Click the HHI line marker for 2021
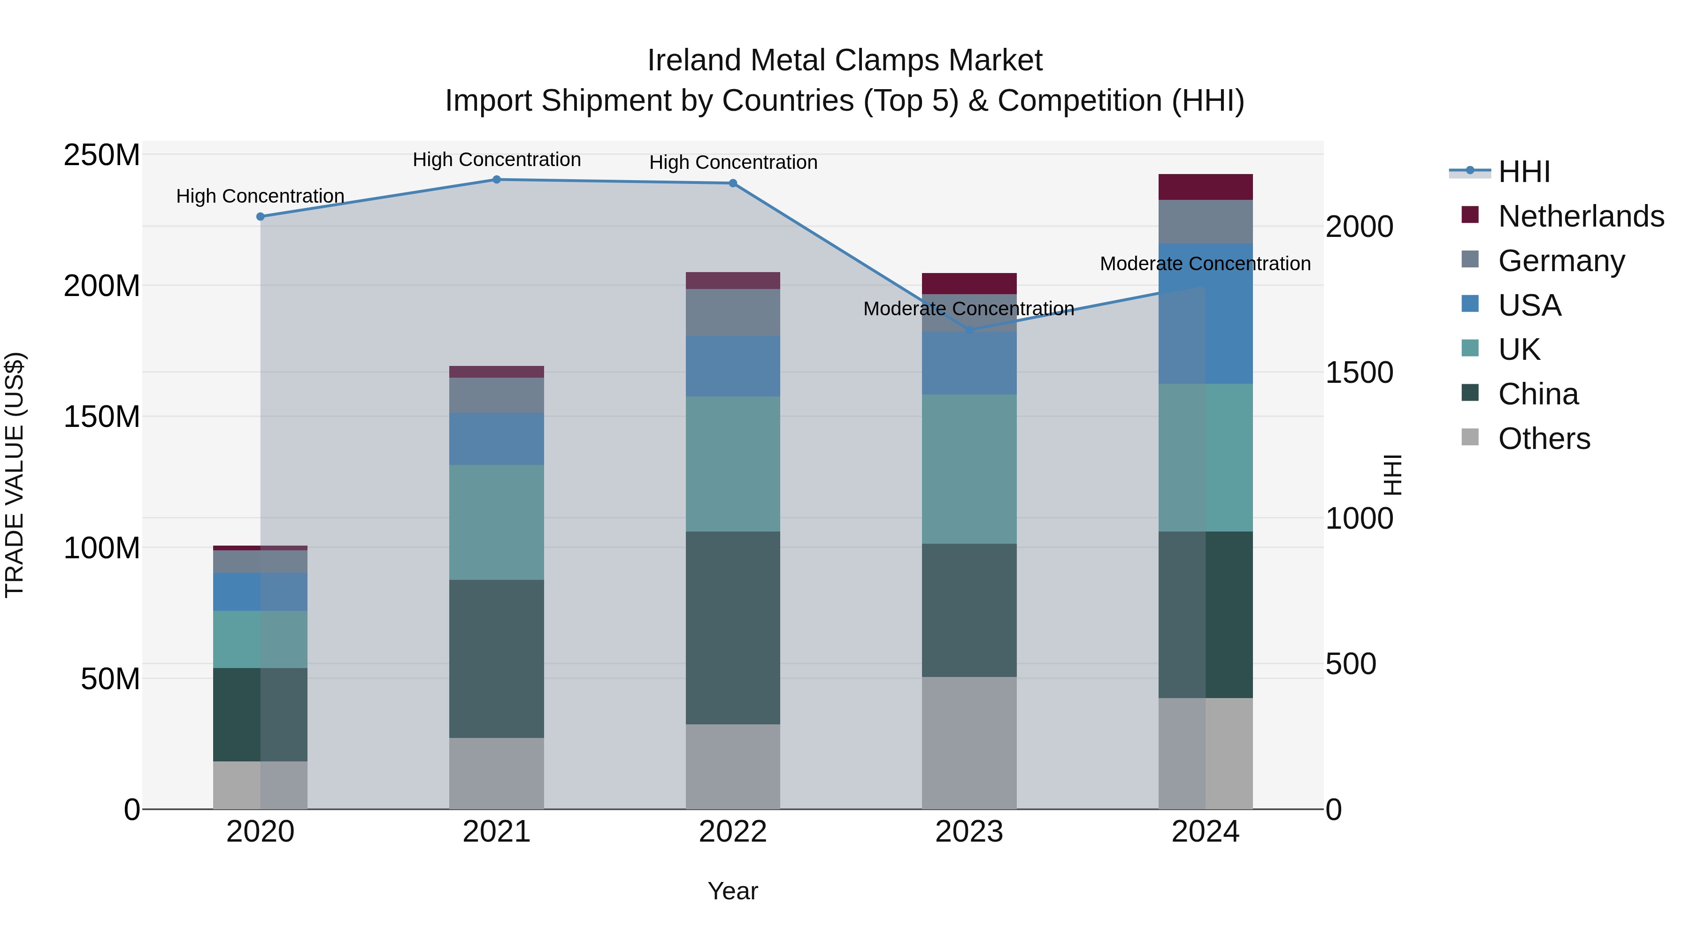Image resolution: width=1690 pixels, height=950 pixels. pos(497,180)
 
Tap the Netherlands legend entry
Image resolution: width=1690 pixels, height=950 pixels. pos(1581,216)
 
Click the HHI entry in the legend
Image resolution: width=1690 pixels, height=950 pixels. pos(1524,172)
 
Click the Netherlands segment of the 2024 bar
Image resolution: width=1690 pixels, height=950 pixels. pos(1205,187)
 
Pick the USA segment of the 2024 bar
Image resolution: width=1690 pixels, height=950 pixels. pos(1205,313)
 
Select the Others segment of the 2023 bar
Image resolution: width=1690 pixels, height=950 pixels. pos(969,743)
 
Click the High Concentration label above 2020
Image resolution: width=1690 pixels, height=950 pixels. pos(261,196)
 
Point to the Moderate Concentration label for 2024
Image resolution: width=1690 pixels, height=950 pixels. pos(1205,264)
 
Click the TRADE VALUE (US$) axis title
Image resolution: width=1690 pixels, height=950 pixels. pos(15,475)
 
